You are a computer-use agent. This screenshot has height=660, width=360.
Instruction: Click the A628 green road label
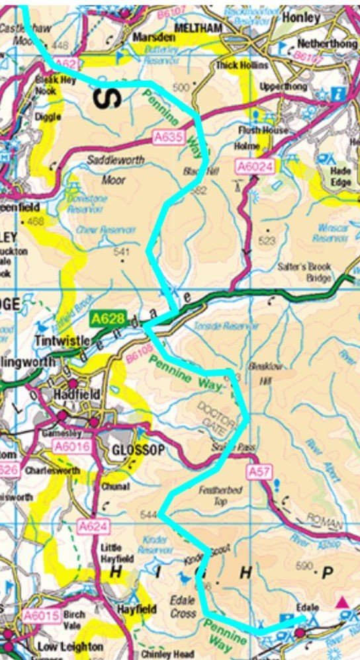pos(107,319)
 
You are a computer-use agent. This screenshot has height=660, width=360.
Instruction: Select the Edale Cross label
pos(182,607)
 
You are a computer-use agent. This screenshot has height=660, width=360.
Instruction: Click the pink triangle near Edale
pos(341,602)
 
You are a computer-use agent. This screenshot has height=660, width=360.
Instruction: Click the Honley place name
pos(301,18)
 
